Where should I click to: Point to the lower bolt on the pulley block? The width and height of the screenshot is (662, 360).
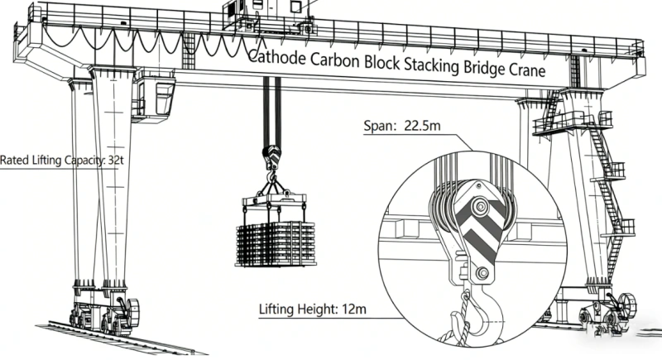[480, 273]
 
